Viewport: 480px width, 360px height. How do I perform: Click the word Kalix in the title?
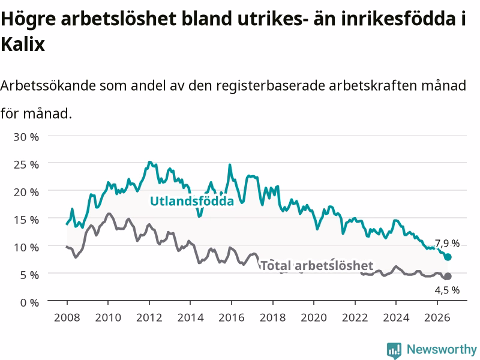pyautogui.click(x=23, y=44)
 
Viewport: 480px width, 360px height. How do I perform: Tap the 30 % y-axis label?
pyautogui.click(x=26, y=137)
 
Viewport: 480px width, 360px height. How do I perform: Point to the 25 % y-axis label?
pyautogui.click(x=26, y=164)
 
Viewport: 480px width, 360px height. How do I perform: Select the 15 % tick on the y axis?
pyautogui.click(x=26, y=220)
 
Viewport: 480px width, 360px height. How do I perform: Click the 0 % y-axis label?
pyautogui.click(x=29, y=302)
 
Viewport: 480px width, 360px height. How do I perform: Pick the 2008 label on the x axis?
pyautogui.click(x=67, y=317)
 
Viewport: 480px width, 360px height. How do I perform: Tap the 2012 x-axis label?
pyautogui.click(x=149, y=317)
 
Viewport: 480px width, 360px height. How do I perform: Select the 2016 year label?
pyautogui.click(x=232, y=317)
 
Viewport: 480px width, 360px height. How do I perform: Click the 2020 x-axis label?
pyautogui.click(x=314, y=317)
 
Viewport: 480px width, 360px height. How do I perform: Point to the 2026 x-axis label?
pyautogui.click(x=437, y=317)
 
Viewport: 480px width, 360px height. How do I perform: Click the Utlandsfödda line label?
pyautogui.click(x=192, y=201)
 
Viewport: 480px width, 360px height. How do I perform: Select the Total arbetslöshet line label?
pyautogui.click(x=317, y=265)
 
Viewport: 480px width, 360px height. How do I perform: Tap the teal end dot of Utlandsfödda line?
pyautogui.click(x=448, y=257)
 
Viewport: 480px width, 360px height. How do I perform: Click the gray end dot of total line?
pyautogui.click(x=448, y=276)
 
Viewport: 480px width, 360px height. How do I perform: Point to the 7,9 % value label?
pyautogui.click(x=447, y=244)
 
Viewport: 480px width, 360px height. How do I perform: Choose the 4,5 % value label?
pyautogui.click(x=447, y=290)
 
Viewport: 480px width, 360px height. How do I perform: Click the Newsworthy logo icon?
pyautogui.click(x=394, y=350)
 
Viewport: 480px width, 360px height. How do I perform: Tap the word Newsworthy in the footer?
pyautogui.click(x=442, y=349)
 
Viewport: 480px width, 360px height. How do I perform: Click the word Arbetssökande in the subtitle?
pyautogui.click(x=48, y=85)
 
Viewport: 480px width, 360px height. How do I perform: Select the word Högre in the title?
pyautogui.click(x=28, y=19)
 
